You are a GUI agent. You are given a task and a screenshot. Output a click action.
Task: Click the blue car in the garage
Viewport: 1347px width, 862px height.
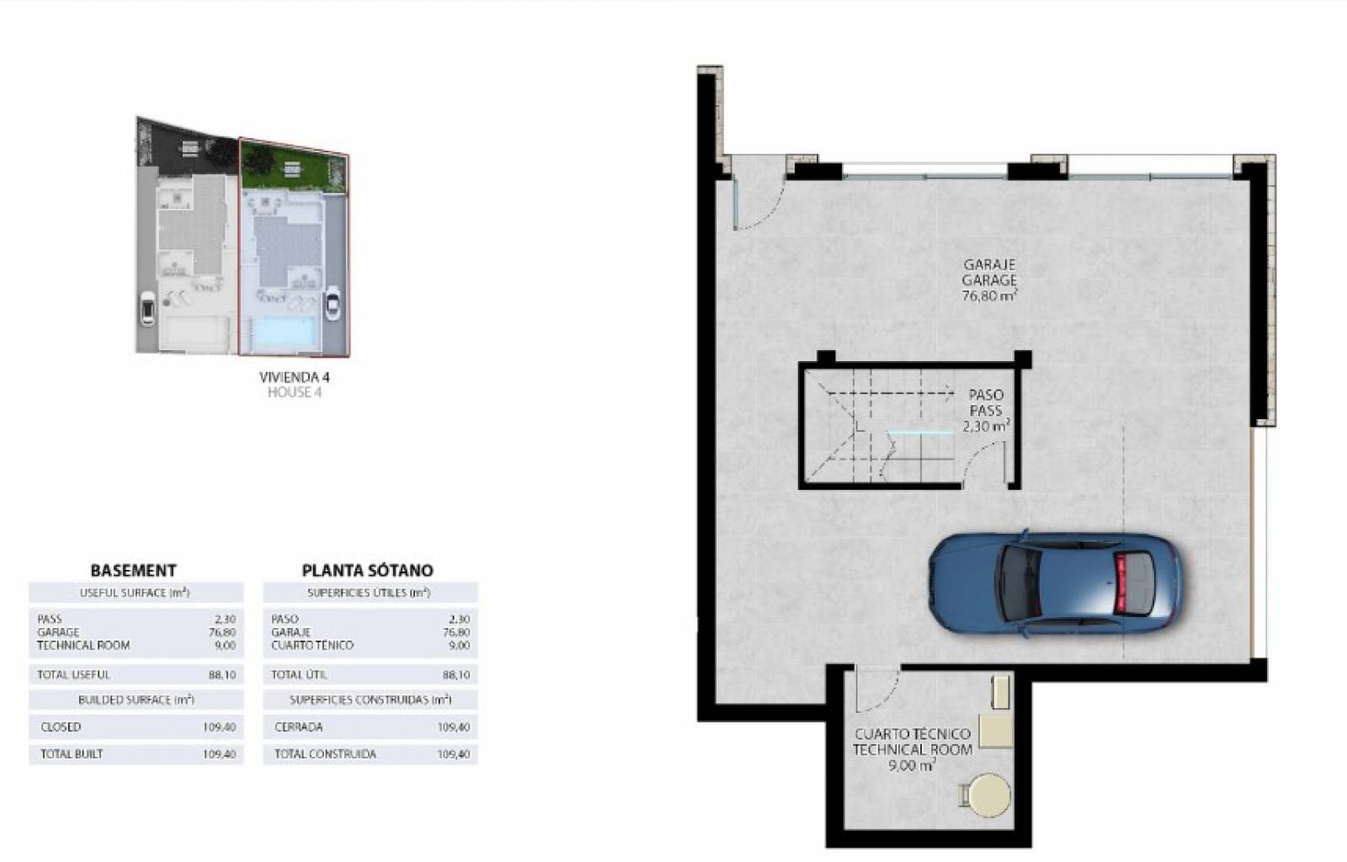coord(1056,583)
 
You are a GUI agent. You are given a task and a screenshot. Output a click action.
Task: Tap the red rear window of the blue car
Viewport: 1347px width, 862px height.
coord(1121,583)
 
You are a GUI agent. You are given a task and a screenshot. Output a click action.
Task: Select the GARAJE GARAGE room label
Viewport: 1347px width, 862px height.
coord(989,272)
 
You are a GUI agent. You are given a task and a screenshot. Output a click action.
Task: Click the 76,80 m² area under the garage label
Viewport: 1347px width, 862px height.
coord(990,295)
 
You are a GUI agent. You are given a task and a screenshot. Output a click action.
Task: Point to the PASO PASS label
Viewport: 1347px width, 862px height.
coord(986,402)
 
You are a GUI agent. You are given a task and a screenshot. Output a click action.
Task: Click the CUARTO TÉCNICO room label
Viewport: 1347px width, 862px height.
coord(913,734)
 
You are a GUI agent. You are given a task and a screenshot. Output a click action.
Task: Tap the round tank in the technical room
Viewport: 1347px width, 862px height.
coord(989,795)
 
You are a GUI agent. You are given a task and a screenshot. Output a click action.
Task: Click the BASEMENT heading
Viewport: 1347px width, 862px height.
coord(134,570)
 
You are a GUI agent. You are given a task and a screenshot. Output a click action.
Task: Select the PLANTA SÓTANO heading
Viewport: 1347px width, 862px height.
coord(367,570)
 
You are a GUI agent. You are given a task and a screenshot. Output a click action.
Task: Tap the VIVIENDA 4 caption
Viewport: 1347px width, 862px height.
coord(295,377)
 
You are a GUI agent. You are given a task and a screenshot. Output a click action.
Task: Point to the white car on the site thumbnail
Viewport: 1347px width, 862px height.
coord(332,305)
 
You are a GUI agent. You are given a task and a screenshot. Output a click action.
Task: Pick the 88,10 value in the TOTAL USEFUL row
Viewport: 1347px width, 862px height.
coord(222,675)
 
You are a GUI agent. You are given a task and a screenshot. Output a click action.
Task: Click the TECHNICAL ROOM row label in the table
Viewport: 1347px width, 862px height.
coord(83,646)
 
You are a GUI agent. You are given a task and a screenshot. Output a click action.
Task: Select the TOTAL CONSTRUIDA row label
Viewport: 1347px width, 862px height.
coord(325,753)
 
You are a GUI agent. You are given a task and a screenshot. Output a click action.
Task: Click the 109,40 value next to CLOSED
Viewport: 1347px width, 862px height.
coord(220,727)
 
